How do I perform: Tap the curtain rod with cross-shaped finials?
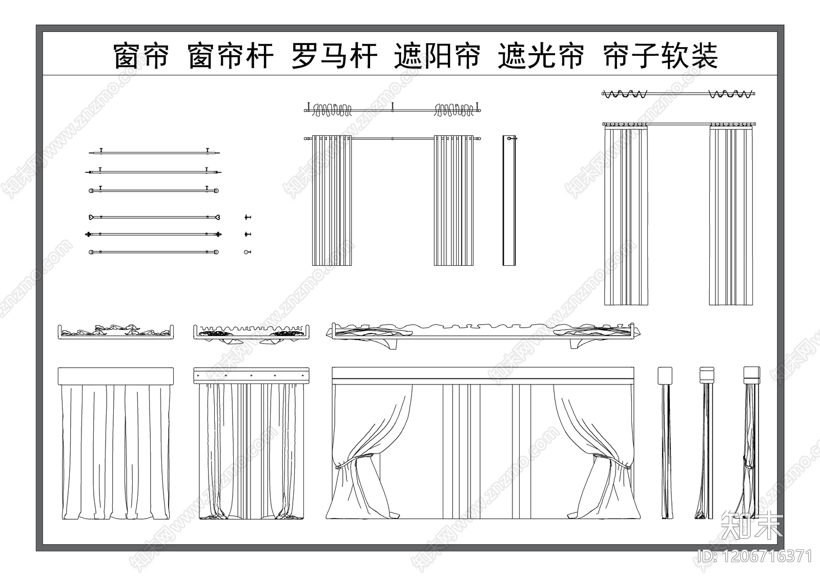click(154, 234)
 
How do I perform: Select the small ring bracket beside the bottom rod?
click(247, 252)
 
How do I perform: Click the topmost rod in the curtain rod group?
click(154, 152)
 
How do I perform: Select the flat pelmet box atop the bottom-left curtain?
click(116, 376)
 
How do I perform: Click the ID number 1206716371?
click(754, 556)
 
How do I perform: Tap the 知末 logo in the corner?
click(751, 527)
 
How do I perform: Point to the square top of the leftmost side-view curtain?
click(665, 375)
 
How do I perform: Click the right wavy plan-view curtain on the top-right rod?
click(731, 94)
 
